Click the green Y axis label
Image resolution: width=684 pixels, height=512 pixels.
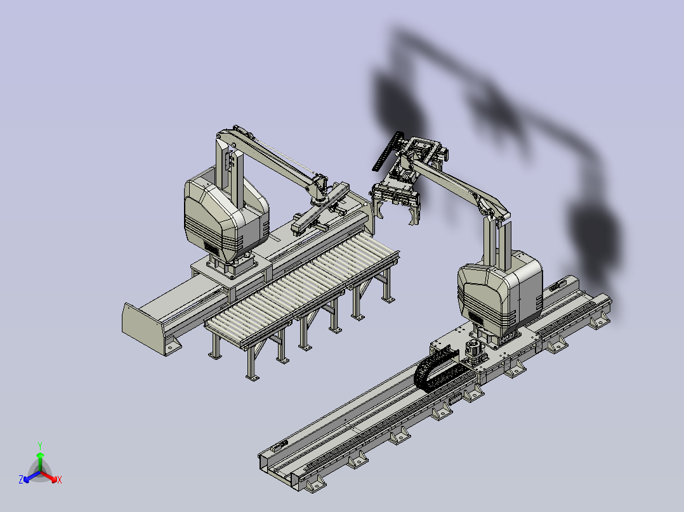pyautogui.click(x=40, y=445)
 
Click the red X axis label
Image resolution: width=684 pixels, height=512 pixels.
pyautogui.click(x=60, y=480)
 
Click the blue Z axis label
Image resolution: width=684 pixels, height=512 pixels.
pyautogui.click(x=20, y=479)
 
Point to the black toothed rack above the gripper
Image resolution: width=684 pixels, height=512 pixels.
pyautogui.click(x=386, y=151)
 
